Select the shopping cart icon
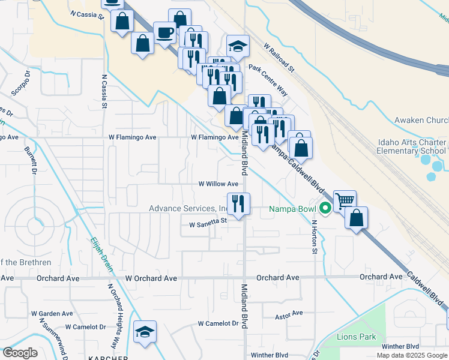(x=345, y=200)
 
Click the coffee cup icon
(x=164, y=32)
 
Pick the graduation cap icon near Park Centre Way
(x=238, y=46)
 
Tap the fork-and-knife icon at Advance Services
(x=238, y=204)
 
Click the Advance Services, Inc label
(x=187, y=209)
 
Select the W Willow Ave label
(x=218, y=184)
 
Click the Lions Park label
(x=357, y=337)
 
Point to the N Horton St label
(x=313, y=236)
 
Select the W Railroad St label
(x=279, y=57)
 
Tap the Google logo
(x=20, y=353)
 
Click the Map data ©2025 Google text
(x=412, y=355)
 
